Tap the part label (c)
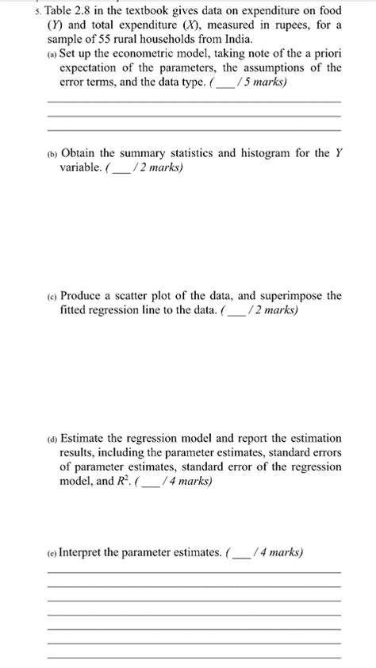(52, 297)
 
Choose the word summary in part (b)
(161, 153)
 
